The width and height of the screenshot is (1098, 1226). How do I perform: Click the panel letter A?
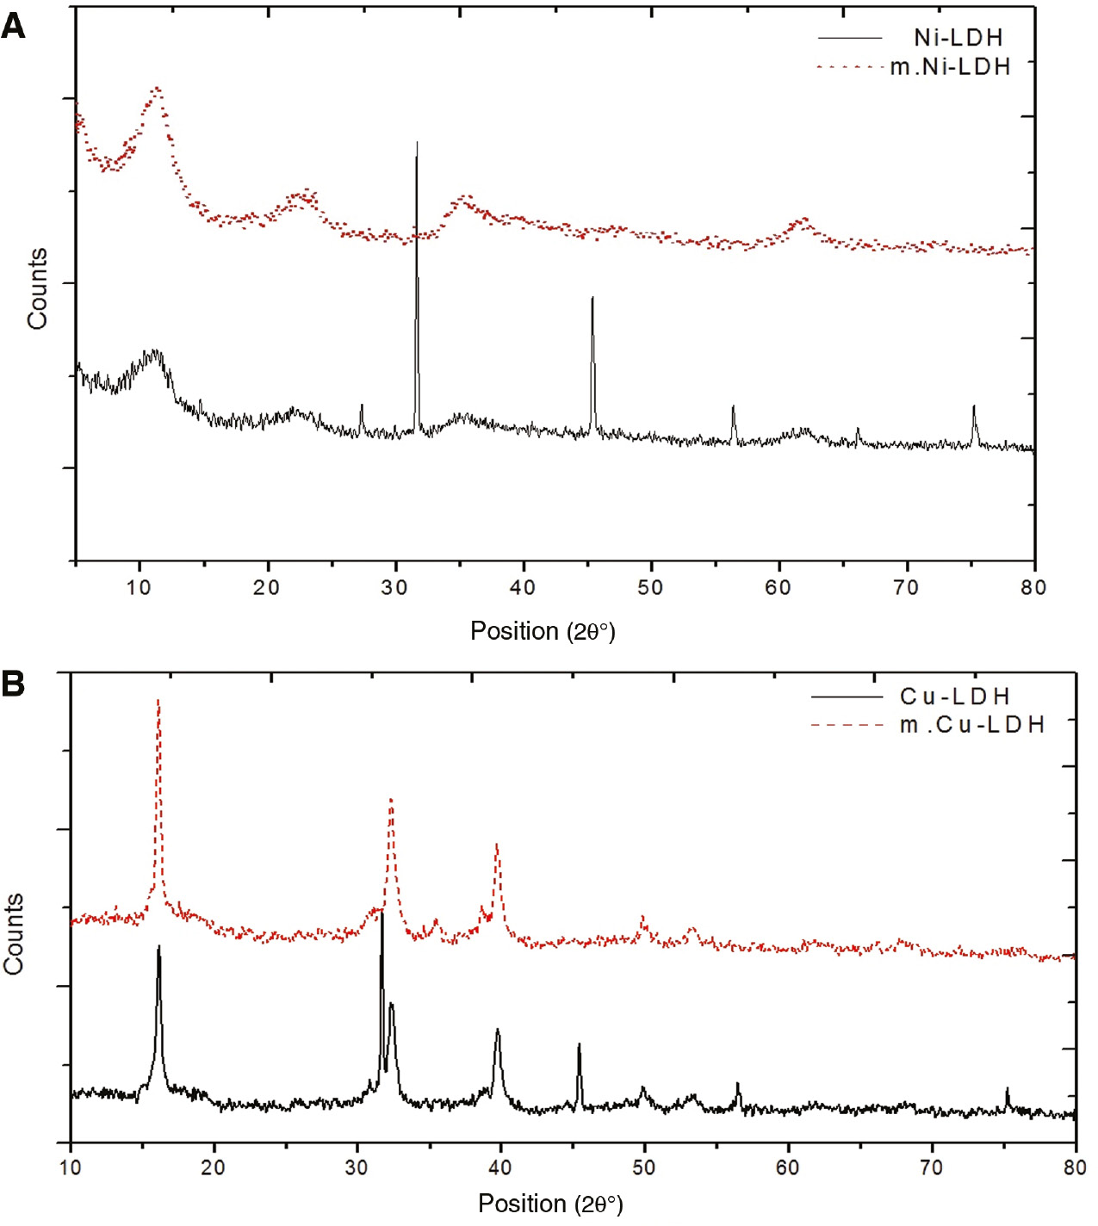coord(14,27)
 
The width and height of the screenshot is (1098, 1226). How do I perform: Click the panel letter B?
coord(14,684)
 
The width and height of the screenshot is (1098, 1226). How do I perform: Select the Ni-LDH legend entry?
coord(958,38)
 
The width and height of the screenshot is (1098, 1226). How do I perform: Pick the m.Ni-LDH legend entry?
coord(950,66)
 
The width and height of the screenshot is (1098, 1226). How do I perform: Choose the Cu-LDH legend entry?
coord(954,696)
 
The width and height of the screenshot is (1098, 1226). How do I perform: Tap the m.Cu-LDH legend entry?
coord(972,724)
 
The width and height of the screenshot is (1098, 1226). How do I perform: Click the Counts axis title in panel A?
coord(37,289)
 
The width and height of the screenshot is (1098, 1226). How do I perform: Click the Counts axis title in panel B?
coord(14,933)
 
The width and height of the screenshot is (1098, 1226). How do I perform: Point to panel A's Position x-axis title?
coord(543,631)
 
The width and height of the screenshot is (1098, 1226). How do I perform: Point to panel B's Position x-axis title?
coord(550,1203)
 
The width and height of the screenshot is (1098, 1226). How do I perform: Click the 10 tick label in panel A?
coord(139,587)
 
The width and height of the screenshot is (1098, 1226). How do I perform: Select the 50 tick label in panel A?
coord(650,587)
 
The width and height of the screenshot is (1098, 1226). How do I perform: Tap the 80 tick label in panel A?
coord(1033,587)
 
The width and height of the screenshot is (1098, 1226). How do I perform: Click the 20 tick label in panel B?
coord(213,1167)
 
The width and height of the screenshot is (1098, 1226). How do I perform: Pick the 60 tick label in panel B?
coord(787,1167)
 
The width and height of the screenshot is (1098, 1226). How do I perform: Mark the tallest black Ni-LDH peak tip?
coord(417,143)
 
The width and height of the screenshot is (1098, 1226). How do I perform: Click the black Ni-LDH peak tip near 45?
coord(592,298)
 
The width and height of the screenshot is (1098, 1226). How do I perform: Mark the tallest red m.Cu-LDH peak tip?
coord(158,701)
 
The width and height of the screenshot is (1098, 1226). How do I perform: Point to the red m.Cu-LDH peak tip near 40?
coord(497,845)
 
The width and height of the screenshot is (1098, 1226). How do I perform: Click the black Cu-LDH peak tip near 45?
coord(579,1044)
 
